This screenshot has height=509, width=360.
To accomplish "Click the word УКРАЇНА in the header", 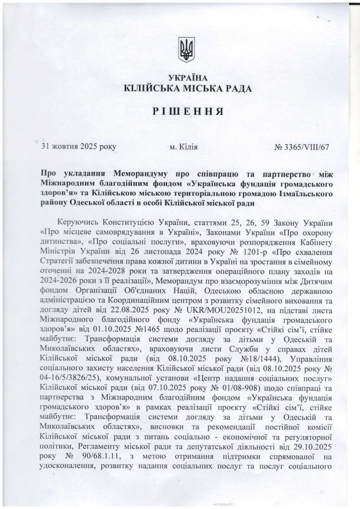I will pyautogui.click(x=186, y=79).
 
